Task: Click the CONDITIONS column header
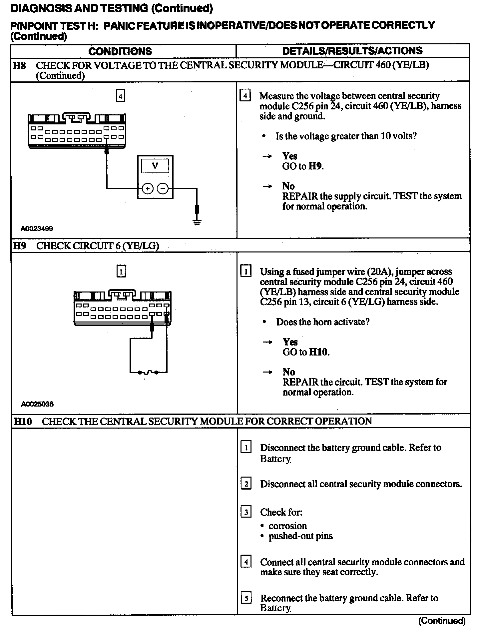coord(120,51)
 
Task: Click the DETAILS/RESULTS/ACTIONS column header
coord(352,51)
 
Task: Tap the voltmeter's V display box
coord(155,166)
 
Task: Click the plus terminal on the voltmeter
coord(148,188)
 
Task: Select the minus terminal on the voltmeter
coord(163,188)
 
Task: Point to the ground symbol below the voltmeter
coord(197,221)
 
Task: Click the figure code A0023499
coord(37,229)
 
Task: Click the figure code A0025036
coord(37,404)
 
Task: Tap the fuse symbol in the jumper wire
coord(148,372)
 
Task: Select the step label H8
coord(19,65)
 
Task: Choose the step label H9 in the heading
coord(20,246)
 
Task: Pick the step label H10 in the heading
coord(23,421)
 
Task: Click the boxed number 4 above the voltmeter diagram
coord(121,96)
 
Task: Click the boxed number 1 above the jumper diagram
coord(121,271)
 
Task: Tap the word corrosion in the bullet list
coord(287,526)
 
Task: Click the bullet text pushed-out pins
coord(300,536)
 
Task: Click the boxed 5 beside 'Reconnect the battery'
coord(246,598)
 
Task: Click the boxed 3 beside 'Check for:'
coord(246,512)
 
